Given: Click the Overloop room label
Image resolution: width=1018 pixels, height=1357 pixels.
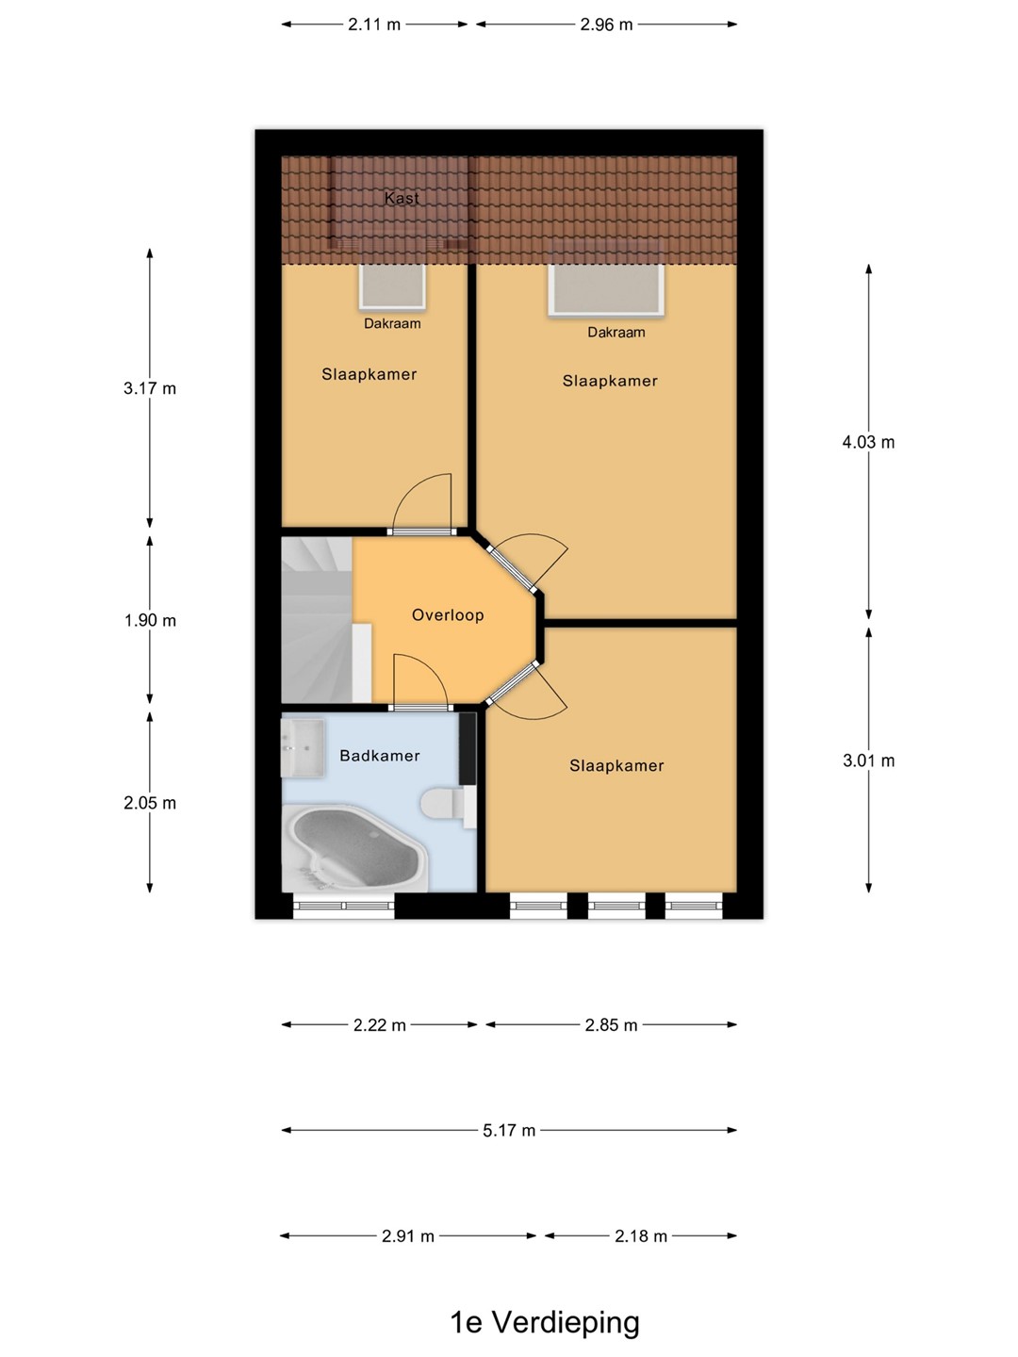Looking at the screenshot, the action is (x=448, y=615).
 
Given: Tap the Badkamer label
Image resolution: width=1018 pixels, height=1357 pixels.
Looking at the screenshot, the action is (x=380, y=756).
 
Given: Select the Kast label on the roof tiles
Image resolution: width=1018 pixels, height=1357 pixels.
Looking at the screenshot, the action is (x=402, y=198).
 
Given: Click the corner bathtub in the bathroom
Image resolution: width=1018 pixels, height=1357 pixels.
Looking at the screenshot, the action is (x=354, y=847).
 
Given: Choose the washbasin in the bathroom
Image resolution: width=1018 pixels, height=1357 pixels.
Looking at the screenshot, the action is (x=303, y=746).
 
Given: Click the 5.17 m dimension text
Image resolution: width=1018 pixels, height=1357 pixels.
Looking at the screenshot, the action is (x=509, y=1131).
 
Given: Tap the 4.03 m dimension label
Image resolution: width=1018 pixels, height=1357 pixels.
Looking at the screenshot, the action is (x=868, y=442).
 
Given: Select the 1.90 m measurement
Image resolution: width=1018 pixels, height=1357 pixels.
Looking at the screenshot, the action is (x=150, y=620).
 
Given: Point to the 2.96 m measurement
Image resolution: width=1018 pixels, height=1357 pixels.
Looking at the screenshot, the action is (x=606, y=25).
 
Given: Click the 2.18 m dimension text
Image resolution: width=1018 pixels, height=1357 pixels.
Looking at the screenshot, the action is (x=641, y=1235).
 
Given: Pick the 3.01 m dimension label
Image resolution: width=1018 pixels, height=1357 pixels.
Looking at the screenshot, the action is (x=868, y=760).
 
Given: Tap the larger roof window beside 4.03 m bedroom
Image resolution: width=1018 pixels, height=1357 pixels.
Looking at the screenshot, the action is (x=606, y=290).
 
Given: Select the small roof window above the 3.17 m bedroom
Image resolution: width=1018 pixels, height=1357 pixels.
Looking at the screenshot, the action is (x=392, y=286).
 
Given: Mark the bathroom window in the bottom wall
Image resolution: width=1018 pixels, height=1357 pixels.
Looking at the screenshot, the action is (x=344, y=906).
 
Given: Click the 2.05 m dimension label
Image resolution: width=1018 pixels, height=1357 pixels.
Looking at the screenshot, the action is (x=150, y=803).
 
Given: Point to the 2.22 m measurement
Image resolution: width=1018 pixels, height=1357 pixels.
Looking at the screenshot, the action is (x=380, y=1025).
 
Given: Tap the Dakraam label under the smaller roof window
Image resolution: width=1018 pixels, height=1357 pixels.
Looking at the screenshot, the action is (x=392, y=323).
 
